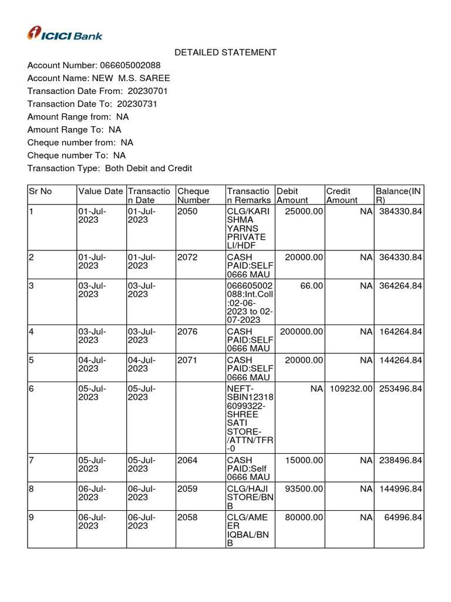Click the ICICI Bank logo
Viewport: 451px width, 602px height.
click(x=65, y=34)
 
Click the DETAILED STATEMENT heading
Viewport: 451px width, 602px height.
click(x=225, y=52)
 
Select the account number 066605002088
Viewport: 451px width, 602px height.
click(x=130, y=65)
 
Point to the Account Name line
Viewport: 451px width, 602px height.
click(x=99, y=78)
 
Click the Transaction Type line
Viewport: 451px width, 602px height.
click(x=110, y=169)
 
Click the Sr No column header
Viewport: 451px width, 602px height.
click(x=41, y=191)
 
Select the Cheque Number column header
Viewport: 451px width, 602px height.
click(x=193, y=196)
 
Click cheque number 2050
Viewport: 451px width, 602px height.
click(x=187, y=210)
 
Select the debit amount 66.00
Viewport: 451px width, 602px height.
click(x=311, y=286)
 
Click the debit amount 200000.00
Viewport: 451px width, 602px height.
click(x=301, y=332)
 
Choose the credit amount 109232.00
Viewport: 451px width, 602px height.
click(x=351, y=388)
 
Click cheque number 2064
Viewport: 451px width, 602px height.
click(x=187, y=460)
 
